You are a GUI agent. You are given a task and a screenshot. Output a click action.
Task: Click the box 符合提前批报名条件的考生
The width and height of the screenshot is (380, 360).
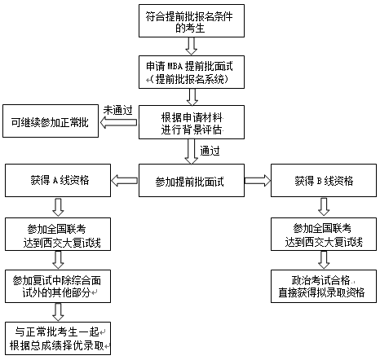click(191, 23)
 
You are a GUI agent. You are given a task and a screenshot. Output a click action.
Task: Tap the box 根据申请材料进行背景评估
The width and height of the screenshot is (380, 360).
click(191, 123)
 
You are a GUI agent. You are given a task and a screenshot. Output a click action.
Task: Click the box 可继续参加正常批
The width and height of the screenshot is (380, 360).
click(50, 122)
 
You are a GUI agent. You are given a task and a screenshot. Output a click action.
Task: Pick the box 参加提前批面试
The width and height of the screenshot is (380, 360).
click(191, 180)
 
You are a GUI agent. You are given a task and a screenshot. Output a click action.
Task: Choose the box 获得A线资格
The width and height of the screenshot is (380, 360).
click(60, 180)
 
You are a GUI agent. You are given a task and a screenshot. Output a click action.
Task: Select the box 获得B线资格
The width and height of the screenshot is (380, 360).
click(325, 180)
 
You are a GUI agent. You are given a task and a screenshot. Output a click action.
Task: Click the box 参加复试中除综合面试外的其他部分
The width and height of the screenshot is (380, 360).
click(60, 285)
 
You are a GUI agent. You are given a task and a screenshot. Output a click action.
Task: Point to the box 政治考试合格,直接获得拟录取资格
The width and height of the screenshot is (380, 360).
click(325, 285)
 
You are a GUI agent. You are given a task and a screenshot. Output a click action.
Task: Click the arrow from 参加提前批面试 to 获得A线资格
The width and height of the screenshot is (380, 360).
click(126, 180)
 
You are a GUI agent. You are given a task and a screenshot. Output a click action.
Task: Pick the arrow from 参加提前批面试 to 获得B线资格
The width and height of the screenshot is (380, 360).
click(257, 180)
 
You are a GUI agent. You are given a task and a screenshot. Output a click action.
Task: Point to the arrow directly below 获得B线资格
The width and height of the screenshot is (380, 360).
click(325, 206)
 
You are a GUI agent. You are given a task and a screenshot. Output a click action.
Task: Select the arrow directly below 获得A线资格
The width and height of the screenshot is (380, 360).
click(60, 206)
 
